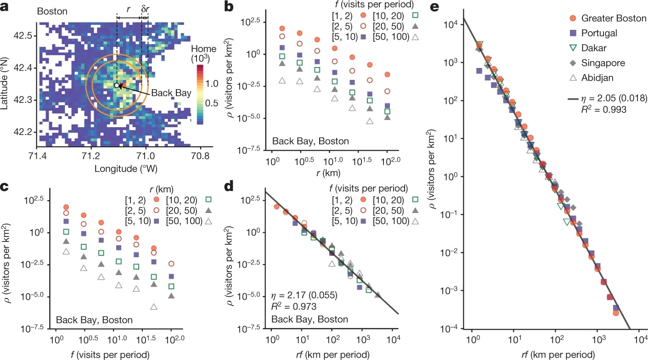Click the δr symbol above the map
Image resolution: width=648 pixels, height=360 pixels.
coord(145,8)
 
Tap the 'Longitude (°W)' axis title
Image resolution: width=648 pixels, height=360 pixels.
coord(126,169)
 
